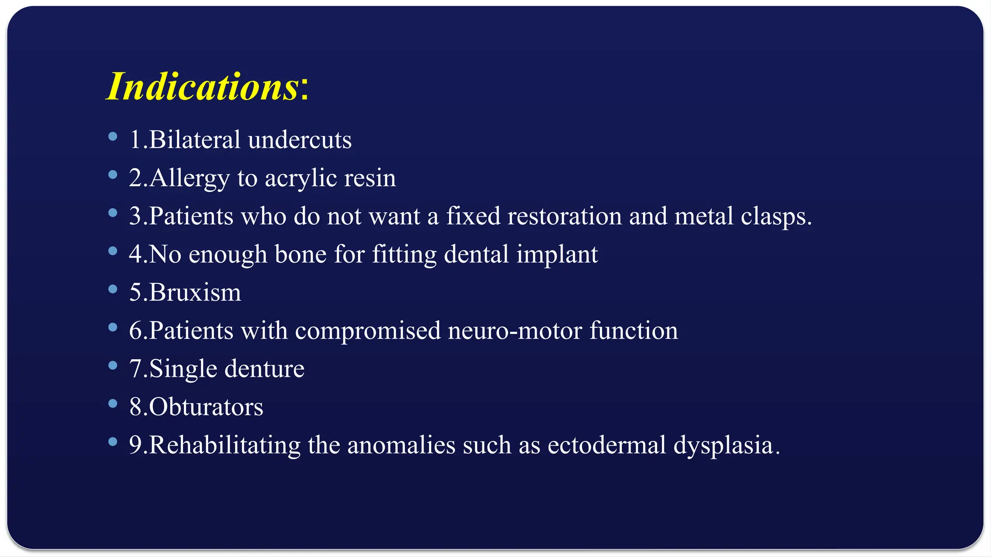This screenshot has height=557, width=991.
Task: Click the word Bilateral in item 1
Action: (195, 140)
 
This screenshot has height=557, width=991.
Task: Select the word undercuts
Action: (300, 140)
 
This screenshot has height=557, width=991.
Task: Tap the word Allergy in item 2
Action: (189, 178)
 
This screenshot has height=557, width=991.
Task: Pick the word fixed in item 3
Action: (473, 216)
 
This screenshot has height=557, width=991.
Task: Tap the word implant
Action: (557, 254)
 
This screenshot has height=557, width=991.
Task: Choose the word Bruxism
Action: (195, 293)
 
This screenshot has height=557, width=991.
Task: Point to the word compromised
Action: (368, 331)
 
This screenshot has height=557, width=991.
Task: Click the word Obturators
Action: (206, 407)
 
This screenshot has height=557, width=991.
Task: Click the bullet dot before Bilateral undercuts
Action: (113, 137)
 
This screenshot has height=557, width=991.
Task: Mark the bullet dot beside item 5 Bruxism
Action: (113, 289)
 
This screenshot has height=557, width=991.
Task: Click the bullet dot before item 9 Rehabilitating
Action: (113, 441)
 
